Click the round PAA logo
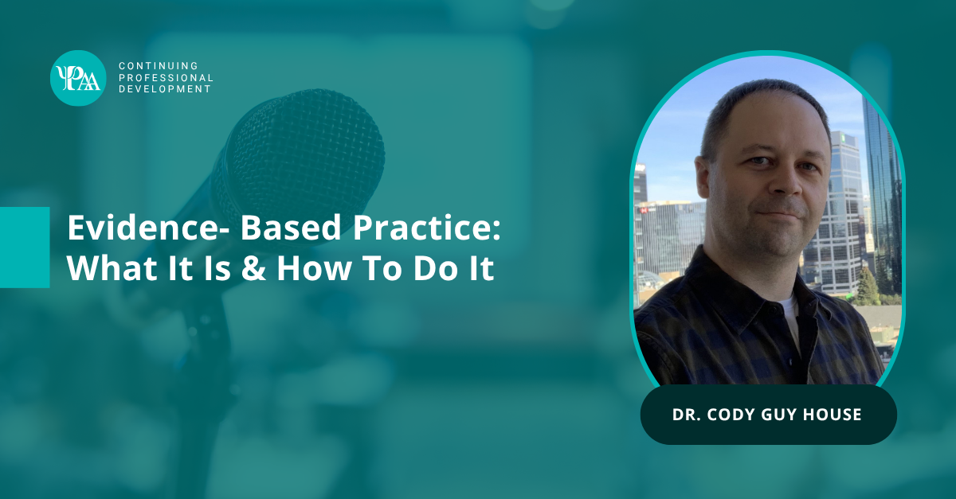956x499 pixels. click(x=78, y=78)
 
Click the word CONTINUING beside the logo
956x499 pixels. click(x=159, y=66)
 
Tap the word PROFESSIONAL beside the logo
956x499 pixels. click(x=166, y=78)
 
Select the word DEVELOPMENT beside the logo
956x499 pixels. click(x=165, y=89)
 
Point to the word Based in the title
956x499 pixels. click(x=291, y=228)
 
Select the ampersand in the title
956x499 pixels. click(x=253, y=268)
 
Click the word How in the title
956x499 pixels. click(x=314, y=268)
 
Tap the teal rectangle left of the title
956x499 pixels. click(x=25, y=248)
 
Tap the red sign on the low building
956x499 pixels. click(x=643, y=210)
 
